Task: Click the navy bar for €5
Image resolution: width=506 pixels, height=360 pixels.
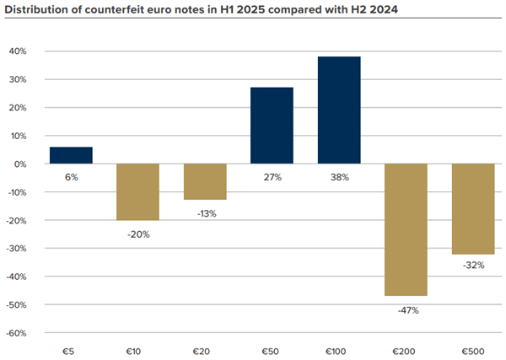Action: pos(71,155)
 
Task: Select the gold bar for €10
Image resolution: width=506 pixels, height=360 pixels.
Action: pos(137,191)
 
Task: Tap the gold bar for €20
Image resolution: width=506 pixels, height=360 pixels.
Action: pos(205,181)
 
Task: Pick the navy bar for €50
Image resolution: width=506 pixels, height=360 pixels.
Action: pos(272,126)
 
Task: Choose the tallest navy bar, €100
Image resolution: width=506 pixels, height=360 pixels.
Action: pos(339,110)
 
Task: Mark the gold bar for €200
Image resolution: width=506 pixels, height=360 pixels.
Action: pos(406,229)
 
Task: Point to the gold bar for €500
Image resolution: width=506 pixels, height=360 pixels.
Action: pos(472,208)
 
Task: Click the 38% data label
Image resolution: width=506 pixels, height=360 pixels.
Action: pos(339,178)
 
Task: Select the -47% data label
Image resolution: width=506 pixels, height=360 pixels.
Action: pos(406,310)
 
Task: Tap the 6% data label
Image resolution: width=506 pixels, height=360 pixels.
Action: pos(71,178)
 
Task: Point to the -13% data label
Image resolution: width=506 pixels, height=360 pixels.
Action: pos(205,213)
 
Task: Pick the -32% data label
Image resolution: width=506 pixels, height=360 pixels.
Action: pos(472,266)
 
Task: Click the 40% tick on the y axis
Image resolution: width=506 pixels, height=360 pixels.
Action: pos(18,51)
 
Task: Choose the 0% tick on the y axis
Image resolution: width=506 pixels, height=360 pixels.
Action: pos(20,164)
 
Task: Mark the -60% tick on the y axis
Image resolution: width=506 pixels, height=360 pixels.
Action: pos(16,332)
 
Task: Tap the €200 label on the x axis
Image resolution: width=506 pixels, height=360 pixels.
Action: pos(406,348)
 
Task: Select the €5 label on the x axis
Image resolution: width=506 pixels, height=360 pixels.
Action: pos(71,348)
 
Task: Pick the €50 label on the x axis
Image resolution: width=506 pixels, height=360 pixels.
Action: pos(272,348)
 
